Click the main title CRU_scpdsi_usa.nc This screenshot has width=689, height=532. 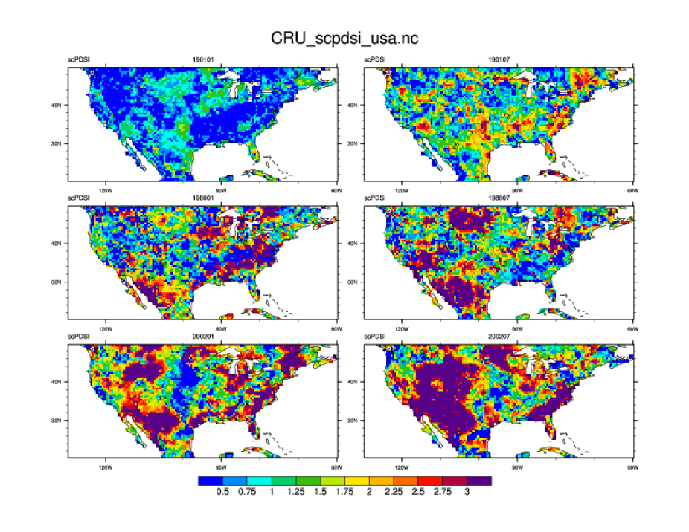click(344, 37)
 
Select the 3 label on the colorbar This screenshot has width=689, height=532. click(467, 492)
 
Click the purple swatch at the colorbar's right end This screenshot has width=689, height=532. click(480, 481)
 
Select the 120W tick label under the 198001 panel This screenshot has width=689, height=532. click(104, 328)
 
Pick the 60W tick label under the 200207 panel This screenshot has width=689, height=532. click(632, 467)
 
